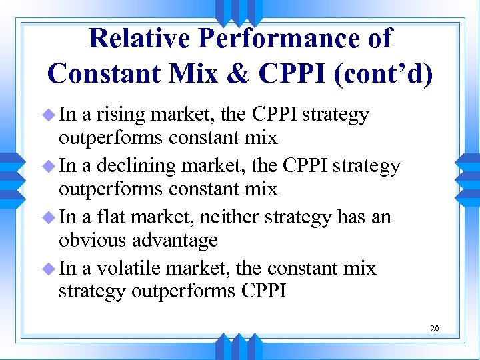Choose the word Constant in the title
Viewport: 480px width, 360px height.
coord(100,73)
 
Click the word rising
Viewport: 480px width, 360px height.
coord(121,115)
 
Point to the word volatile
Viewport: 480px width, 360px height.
coord(131,268)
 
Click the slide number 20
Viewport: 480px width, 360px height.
coord(434,328)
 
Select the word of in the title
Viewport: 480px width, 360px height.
coord(379,39)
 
